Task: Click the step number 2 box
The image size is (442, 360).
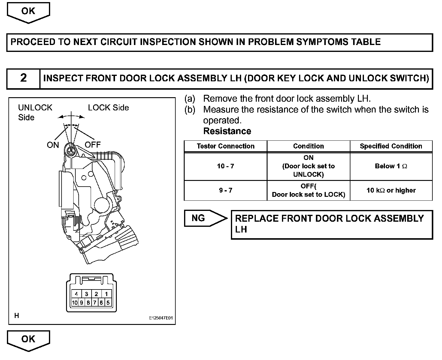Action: [23, 78]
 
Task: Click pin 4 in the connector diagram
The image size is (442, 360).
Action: [76, 294]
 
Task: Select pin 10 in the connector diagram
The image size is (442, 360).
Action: [74, 303]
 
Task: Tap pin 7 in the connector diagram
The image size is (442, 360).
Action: [95, 303]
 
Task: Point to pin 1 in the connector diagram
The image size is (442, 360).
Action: [106, 294]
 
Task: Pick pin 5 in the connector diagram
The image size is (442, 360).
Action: [108, 303]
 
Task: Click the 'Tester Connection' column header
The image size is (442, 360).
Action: [226, 146]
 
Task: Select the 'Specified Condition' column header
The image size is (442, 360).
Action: [391, 146]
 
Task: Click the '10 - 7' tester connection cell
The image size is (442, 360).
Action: [226, 166]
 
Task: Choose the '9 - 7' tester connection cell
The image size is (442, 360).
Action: [226, 190]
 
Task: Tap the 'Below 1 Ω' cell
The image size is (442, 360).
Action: [391, 166]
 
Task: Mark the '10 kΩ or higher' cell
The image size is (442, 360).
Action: [391, 190]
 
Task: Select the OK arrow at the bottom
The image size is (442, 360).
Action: [28, 340]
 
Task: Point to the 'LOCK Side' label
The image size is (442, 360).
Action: [108, 108]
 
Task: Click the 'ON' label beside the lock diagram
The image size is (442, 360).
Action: [53, 145]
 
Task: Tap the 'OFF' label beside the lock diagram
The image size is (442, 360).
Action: [92, 145]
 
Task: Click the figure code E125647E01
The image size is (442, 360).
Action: [161, 318]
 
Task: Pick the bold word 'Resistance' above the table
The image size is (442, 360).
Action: [227, 131]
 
